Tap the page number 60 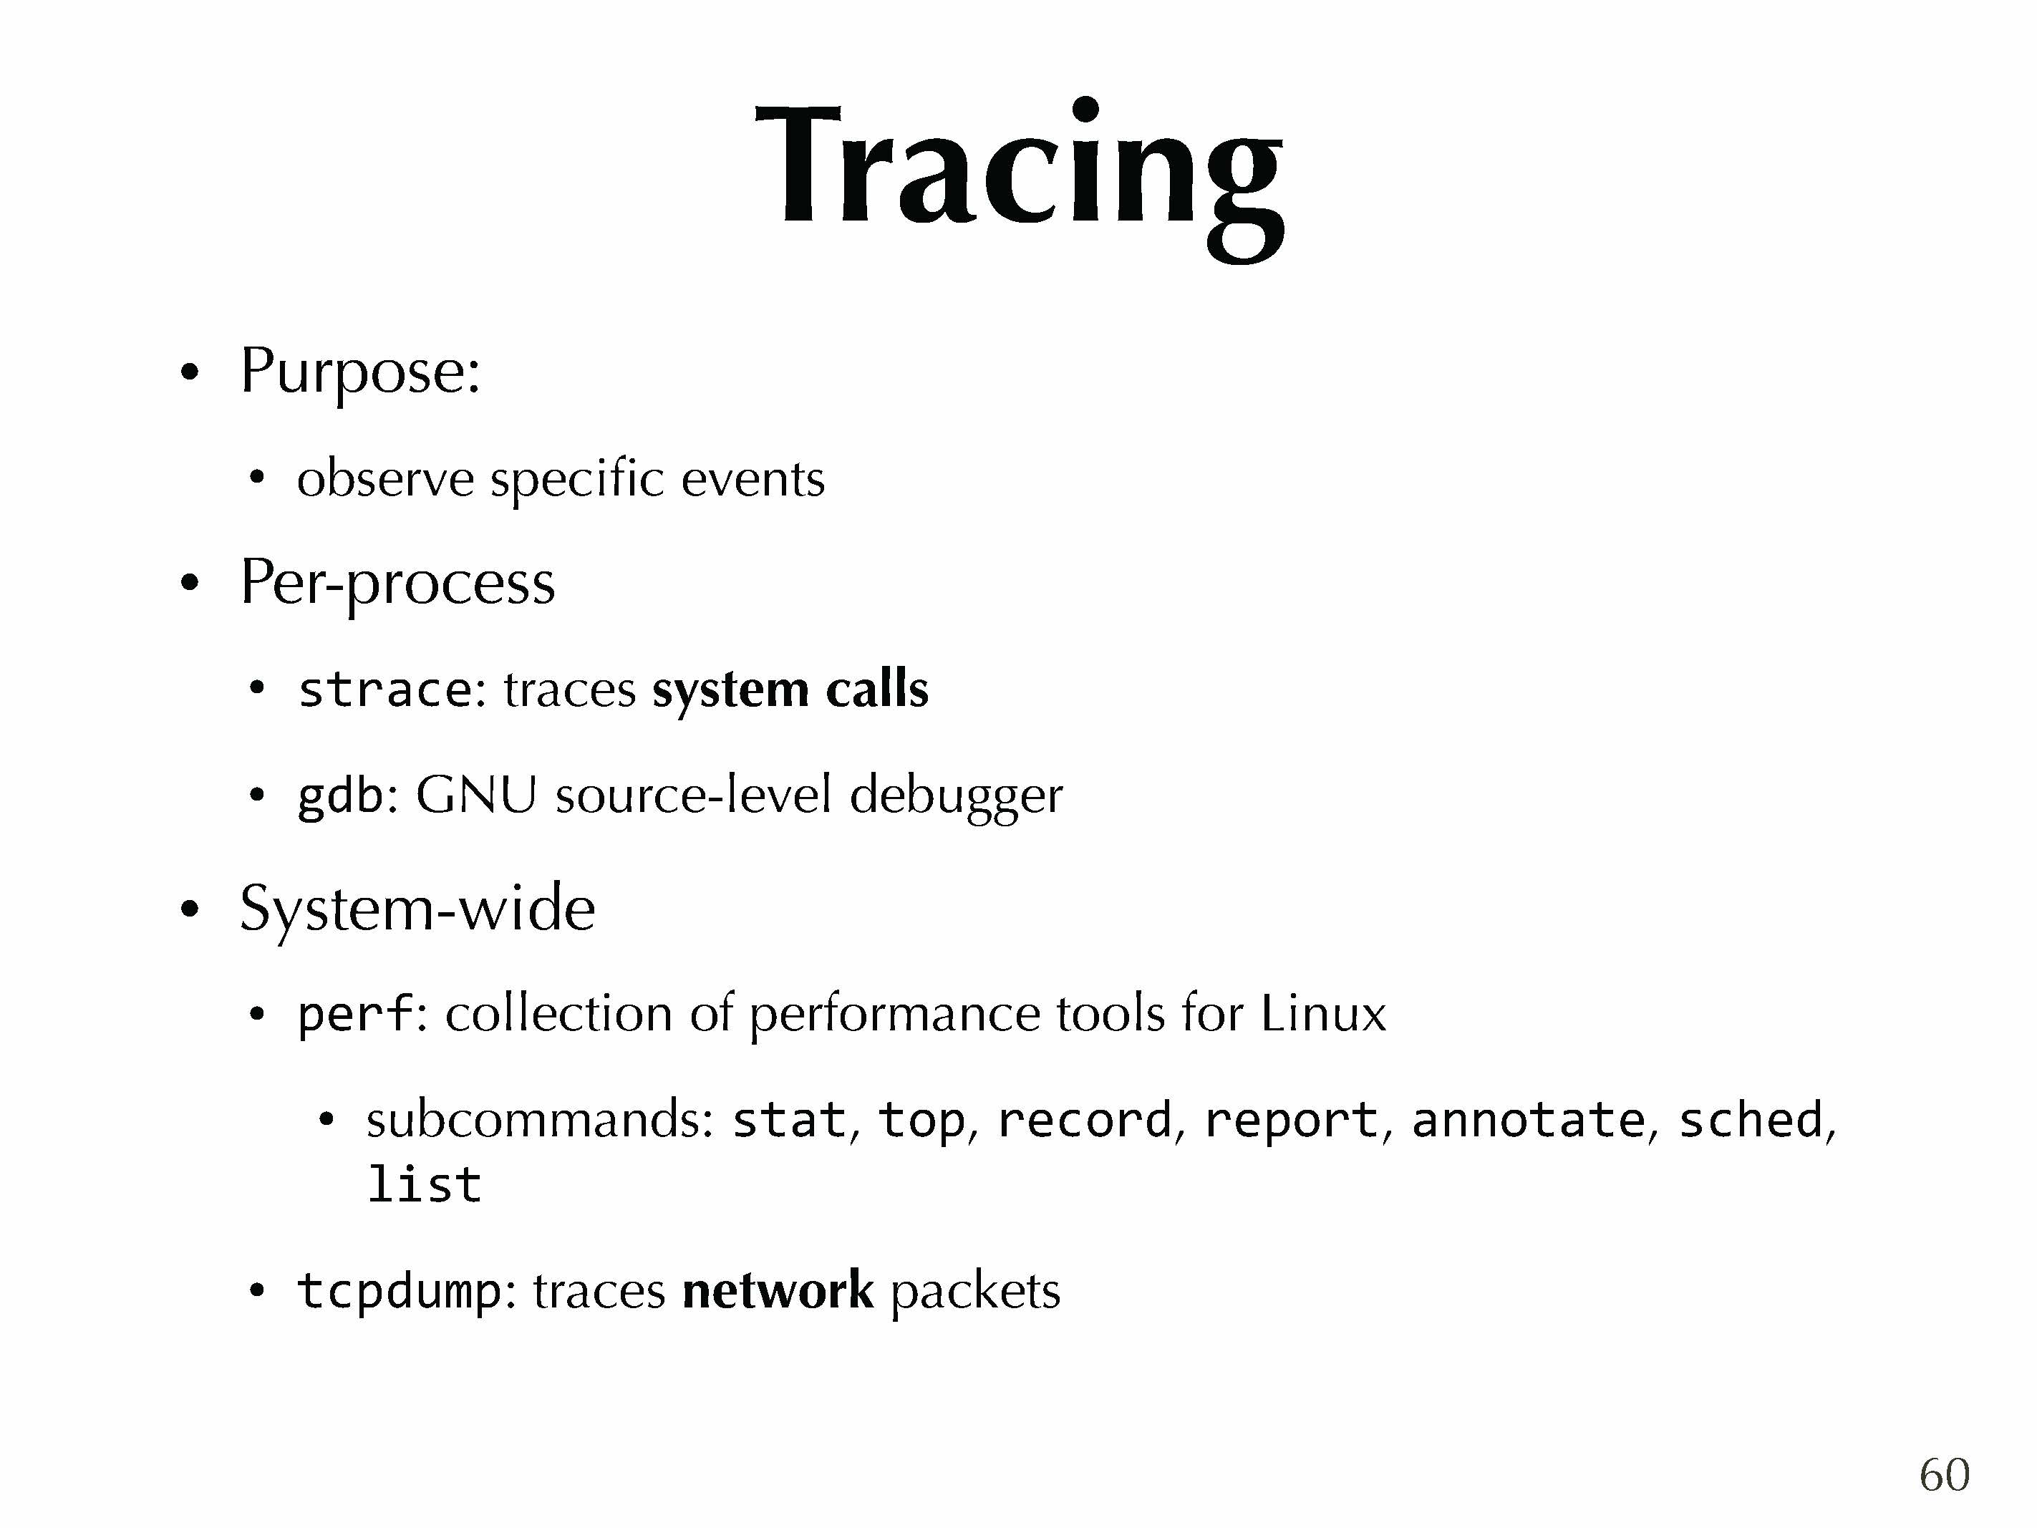(1944, 1474)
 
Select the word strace (385, 690)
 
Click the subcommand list (424, 1184)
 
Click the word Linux (1322, 1013)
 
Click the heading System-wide (417, 910)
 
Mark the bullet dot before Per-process (190, 583)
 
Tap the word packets (975, 1290)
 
